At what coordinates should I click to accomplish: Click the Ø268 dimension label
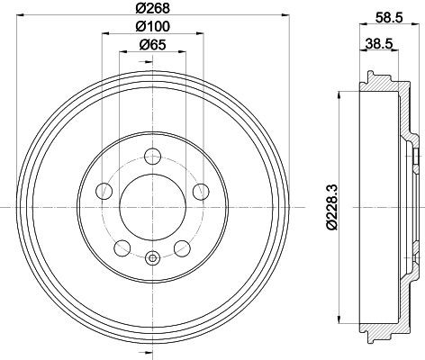tap(152, 8)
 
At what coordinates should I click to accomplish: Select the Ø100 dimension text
tap(152, 26)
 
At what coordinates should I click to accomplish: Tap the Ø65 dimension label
tap(152, 45)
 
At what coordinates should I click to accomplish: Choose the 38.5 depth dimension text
tap(379, 44)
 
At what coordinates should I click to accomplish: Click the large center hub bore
tap(153, 207)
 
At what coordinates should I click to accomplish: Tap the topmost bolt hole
tap(153, 157)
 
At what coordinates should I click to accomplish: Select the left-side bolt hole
tap(104, 191)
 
